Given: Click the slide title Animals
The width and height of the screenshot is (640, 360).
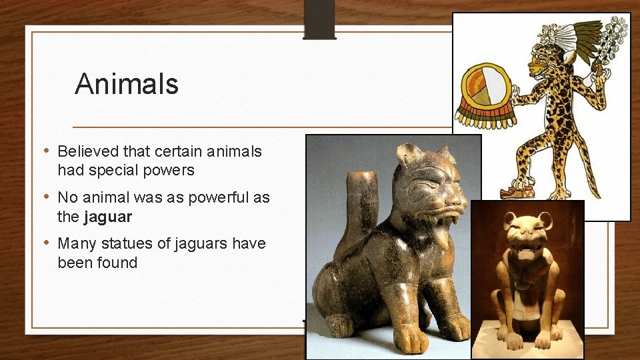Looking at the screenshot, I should [x=127, y=85].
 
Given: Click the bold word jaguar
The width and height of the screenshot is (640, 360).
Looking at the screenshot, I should [x=109, y=217].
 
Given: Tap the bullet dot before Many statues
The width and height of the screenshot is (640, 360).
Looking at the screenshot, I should [x=47, y=243].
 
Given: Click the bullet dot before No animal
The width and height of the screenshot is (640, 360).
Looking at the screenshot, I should [x=47, y=198].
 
